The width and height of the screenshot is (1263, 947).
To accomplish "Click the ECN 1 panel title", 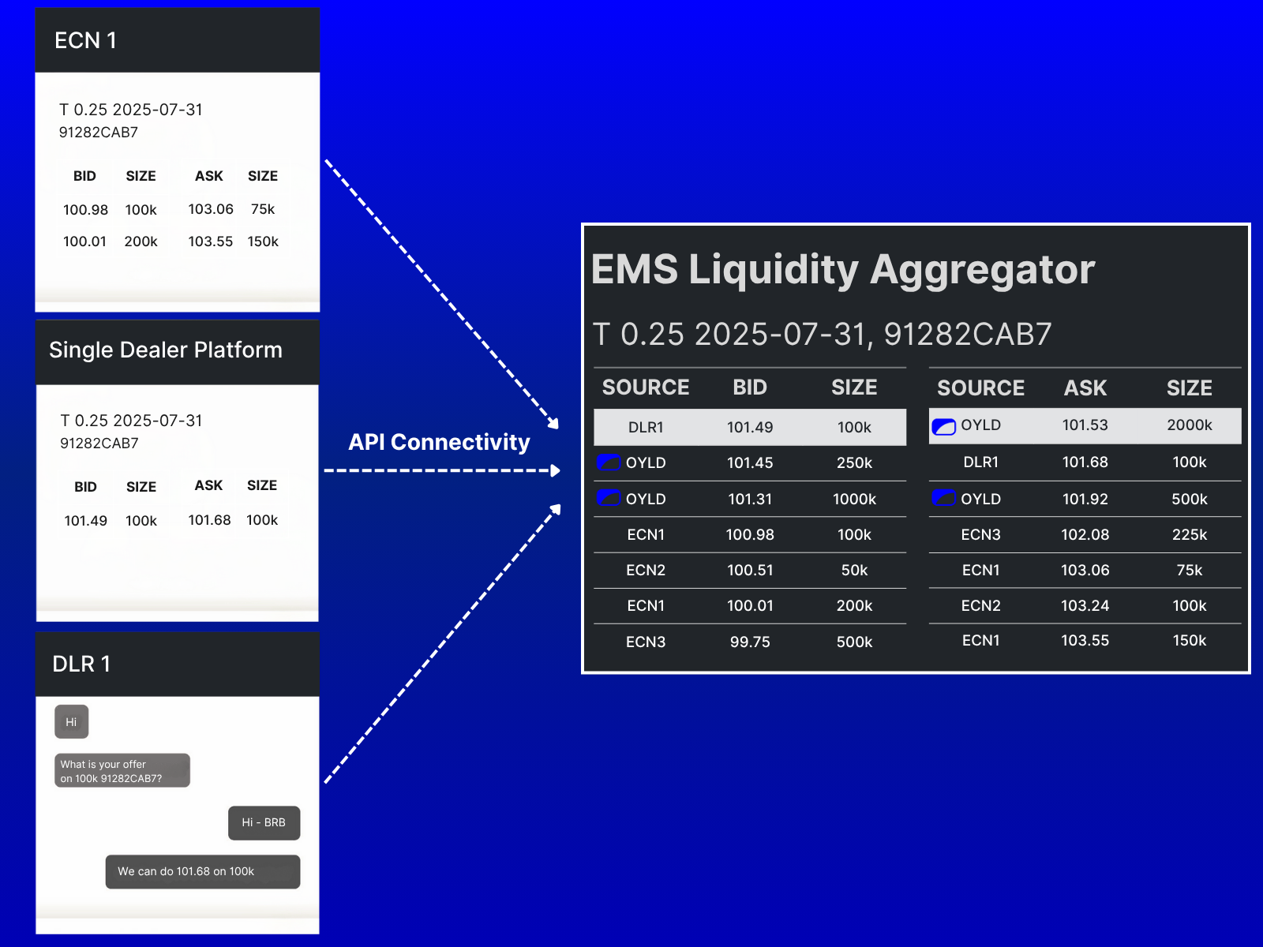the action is point(85,40).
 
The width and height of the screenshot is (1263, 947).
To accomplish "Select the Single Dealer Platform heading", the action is point(166,350).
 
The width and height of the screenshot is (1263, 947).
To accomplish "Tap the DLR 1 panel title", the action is point(81,664).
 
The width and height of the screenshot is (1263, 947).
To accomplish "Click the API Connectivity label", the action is point(439,442).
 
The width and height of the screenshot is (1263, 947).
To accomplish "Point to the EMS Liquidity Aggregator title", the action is point(843,270).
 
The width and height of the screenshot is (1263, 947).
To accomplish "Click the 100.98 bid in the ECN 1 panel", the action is point(85,210).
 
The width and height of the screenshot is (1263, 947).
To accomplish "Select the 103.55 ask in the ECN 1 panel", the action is point(211,241).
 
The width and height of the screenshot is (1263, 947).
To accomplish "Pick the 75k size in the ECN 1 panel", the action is point(263,209).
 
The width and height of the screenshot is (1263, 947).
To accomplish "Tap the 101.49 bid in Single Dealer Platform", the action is point(86,521).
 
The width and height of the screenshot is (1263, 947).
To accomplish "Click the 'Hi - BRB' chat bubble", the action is point(264,823).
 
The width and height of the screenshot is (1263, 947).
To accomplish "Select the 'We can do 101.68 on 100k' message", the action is point(203,872).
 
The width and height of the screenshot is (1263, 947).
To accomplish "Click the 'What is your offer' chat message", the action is point(122,770).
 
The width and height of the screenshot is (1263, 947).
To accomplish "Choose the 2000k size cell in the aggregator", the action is point(1190,425).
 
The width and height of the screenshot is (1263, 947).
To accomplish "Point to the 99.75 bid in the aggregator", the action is point(750,642).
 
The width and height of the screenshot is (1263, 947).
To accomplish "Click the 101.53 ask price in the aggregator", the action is point(1085,425).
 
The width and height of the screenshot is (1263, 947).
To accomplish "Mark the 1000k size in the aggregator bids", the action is point(854,499).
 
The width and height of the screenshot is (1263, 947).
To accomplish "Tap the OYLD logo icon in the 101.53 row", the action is point(943,427).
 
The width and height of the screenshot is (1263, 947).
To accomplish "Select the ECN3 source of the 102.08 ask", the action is point(980,535).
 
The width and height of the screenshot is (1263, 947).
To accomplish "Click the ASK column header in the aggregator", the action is point(1085,388).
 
